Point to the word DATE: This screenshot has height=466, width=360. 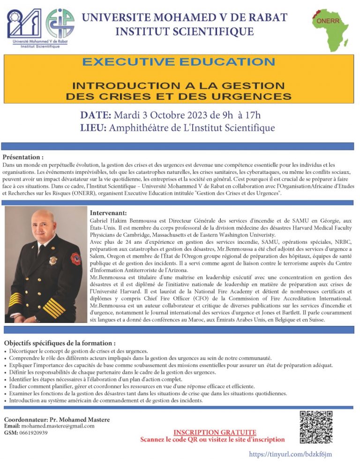[x=95, y=115]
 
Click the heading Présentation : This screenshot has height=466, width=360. [x=23, y=157]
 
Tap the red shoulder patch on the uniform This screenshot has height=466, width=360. [x=75, y=258]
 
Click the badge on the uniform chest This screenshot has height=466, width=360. [x=52, y=260]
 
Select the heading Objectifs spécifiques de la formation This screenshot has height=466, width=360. [x=60, y=343]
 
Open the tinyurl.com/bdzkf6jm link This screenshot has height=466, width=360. [x=290, y=454]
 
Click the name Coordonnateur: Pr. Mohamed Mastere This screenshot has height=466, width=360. [x=57, y=419]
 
